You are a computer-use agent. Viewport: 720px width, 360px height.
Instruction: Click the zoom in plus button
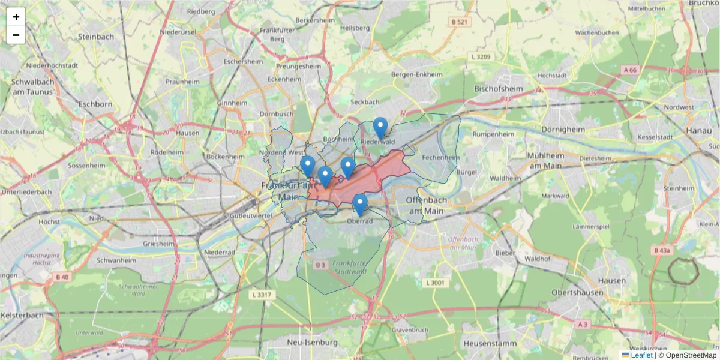coord(16,17)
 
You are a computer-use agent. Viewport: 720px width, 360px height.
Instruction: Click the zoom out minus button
coord(16,35)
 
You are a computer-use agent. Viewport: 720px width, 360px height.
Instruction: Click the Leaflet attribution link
coord(641,355)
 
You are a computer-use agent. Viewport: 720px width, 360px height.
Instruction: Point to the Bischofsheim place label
coord(499,89)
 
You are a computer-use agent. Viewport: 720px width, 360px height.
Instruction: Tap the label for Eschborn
coord(95,104)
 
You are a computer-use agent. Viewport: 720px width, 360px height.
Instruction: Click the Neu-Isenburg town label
coord(313,342)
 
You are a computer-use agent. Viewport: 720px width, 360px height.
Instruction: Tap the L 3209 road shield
coord(480,57)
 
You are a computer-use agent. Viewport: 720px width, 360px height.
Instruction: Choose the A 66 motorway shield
coord(630,70)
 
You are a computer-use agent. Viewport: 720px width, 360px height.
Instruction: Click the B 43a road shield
coord(663,250)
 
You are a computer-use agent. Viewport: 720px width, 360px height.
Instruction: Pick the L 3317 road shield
coord(262,295)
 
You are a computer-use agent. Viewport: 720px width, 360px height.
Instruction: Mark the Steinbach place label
coord(96,37)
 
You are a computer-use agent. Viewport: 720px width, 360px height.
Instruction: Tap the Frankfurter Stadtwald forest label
coord(349,268)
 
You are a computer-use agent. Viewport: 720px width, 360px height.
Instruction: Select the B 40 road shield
coord(62,277)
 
